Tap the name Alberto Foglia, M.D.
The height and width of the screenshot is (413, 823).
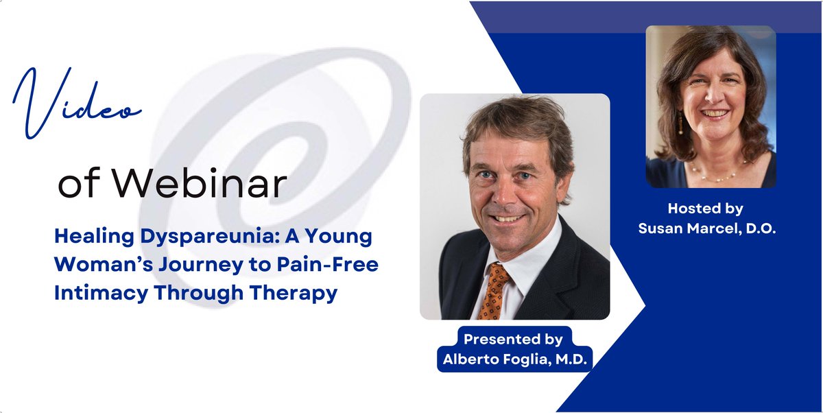[x=514, y=358]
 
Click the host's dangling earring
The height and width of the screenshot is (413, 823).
[x=682, y=126]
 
